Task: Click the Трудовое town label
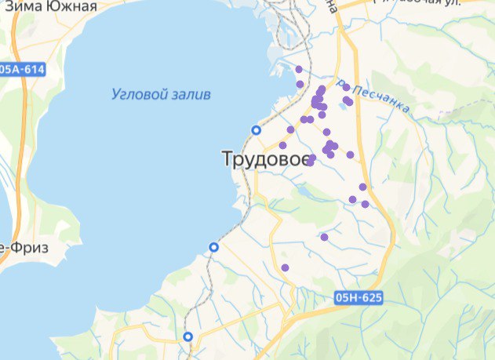[x=264, y=160]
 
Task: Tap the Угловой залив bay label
[x=161, y=95]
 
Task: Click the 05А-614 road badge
[x=21, y=70]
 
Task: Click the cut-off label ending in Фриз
[x=24, y=248]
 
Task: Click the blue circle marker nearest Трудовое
[x=255, y=129]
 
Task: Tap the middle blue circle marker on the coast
[x=213, y=247]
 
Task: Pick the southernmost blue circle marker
[x=187, y=336]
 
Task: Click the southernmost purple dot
[x=285, y=268]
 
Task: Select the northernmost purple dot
[x=299, y=70]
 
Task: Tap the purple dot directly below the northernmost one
[x=300, y=84]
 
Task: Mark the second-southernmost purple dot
[x=324, y=237]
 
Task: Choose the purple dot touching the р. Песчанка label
[x=346, y=88]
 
